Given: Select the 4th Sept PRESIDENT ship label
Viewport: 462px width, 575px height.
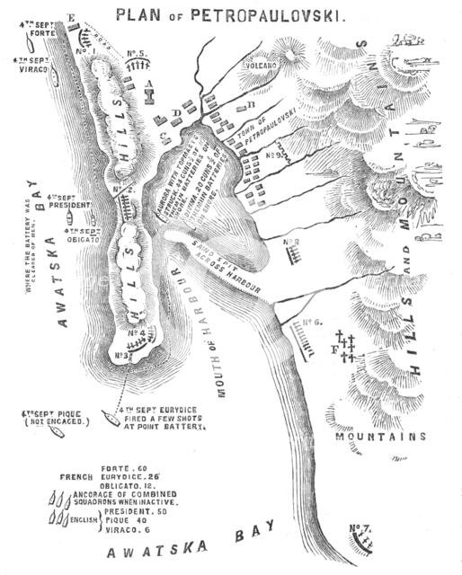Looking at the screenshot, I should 70,203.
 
